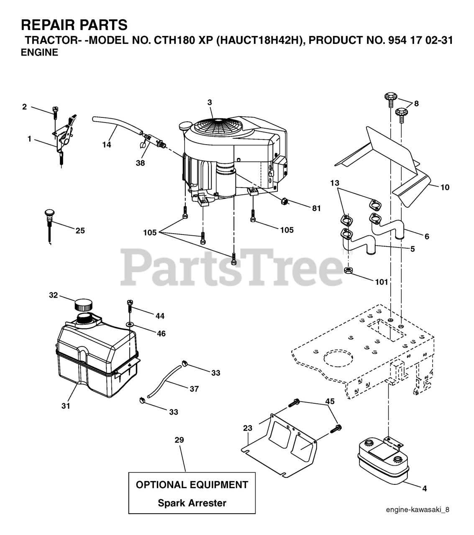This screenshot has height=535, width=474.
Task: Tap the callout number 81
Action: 316,208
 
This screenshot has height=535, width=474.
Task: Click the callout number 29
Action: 179,440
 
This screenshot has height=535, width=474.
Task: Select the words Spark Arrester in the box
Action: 192,503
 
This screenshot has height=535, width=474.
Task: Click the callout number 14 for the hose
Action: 107,145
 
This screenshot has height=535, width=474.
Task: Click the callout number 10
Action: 445,187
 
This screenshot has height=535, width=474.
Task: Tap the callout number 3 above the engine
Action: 210,102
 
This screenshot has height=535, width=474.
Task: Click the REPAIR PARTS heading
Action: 74,25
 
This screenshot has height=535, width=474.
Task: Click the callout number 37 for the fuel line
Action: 194,389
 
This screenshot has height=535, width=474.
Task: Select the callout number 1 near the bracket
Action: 30,139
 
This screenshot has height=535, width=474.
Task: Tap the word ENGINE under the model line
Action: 39,53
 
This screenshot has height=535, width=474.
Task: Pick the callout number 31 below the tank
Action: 66,405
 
